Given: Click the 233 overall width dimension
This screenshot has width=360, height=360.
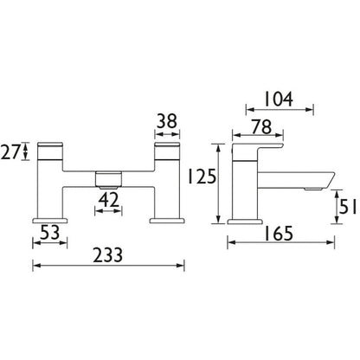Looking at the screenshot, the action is (x=107, y=255).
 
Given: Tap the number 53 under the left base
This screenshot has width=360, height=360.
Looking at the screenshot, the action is (x=50, y=233).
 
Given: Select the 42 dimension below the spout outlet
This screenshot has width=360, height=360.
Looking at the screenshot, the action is (x=108, y=200).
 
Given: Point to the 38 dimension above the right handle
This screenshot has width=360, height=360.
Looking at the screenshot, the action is (x=167, y=121).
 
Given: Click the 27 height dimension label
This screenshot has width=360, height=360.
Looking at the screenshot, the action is (x=11, y=152).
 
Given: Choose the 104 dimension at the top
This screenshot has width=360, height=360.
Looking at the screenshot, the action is (x=279, y=99).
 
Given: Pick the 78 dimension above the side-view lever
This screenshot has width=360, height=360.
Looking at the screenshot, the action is (x=261, y=127).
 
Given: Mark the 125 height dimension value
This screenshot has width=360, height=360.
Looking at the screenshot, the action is (x=202, y=177).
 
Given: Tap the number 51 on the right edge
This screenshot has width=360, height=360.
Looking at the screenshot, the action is (x=349, y=206).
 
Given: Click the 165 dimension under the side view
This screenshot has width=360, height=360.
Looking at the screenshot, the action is (x=279, y=234).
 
